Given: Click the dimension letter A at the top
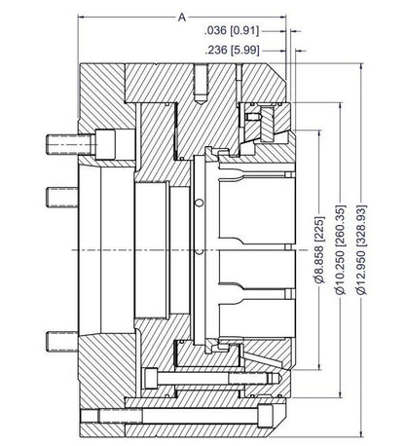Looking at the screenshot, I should tap(182, 18).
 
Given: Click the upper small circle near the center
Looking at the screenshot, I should tap(199, 203).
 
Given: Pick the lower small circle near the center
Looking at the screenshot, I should tap(199, 251).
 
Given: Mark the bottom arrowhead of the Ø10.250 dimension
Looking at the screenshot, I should tap(351, 383).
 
